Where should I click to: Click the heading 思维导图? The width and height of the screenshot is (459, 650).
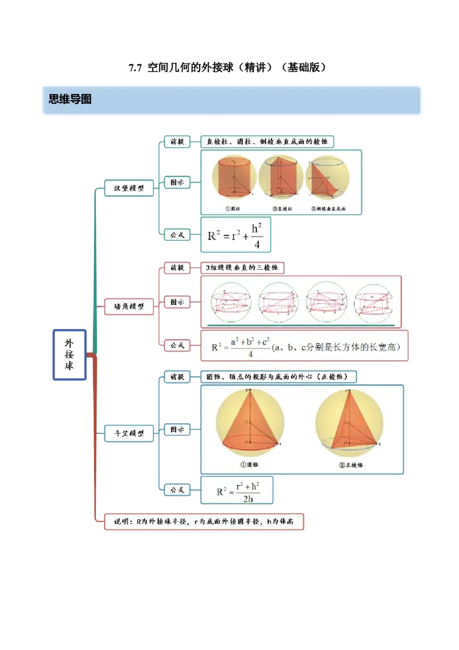(x=70, y=99)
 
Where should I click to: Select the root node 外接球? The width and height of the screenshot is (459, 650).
(x=69, y=354)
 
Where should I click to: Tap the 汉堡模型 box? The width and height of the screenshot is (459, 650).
(x=129, y=188)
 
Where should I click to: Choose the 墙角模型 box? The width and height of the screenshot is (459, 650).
(x=129, y=307)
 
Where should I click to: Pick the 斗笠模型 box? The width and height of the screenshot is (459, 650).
(x=129, y=433)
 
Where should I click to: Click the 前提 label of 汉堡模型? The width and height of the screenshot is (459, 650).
(x=177, y=141)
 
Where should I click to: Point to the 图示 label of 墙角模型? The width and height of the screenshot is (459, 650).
(x=177, y=301)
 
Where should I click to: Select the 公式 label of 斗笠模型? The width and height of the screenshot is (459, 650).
(x=177, y=489)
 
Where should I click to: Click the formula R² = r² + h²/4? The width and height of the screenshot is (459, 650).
(x=235, y=235)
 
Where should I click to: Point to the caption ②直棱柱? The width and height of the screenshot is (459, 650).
(x=282, y=208)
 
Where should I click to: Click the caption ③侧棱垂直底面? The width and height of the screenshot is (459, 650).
(x=328, y=208)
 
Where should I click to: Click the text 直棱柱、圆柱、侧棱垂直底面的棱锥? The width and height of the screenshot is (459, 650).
(x=267, y=141)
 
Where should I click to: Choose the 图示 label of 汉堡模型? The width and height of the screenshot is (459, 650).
(x=177, y=182)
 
